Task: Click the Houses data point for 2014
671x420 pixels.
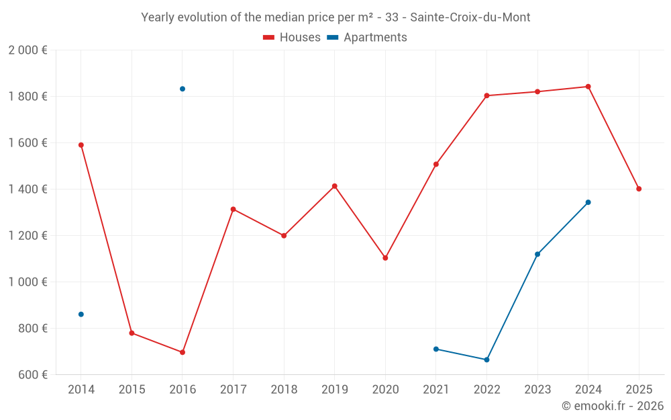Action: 81,145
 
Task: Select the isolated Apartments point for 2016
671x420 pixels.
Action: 183,89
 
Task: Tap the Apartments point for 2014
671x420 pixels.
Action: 81,314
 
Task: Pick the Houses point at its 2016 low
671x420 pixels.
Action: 183,352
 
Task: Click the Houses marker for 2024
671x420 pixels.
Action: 588,87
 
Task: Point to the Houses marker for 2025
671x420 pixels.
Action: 639,189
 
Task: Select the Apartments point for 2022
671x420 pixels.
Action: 487,360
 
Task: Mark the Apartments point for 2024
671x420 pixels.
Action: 588,202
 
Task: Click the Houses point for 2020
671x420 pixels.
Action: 385,258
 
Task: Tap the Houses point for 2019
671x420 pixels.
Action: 335,186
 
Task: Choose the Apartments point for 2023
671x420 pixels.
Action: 537,254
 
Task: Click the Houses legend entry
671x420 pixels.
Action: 292,38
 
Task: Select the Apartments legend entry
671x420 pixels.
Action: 367,38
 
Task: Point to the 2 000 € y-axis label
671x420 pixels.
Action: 28,50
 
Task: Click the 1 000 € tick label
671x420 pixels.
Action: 28,282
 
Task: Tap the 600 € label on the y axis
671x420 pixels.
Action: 32,375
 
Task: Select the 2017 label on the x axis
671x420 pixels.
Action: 233,390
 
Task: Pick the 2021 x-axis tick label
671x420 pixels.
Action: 436,390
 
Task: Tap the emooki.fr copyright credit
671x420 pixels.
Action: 613,406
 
